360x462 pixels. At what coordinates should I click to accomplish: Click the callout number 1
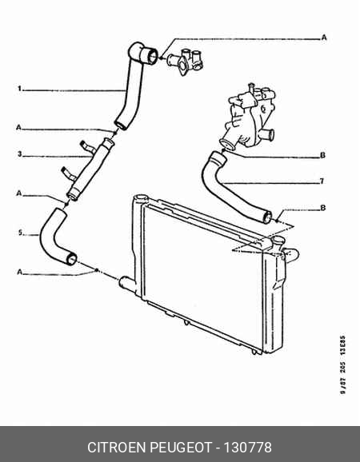coord(19,89)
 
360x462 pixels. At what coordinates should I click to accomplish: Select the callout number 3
coord(19,154)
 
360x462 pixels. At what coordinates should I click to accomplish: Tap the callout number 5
coord(20,233)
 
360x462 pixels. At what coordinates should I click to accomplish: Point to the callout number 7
coord(322,181)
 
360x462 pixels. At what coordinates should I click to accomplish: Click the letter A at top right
coord(324,38)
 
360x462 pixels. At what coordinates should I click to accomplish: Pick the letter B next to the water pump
coord(322,155)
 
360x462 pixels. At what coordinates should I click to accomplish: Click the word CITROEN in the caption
coord(118,448)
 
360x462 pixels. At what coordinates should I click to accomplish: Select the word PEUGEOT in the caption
coord(182,448)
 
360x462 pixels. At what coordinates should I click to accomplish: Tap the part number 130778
coord(248,448)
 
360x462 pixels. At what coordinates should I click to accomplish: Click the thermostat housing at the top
coord(185,62)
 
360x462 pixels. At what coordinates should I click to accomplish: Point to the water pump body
coord(249,117)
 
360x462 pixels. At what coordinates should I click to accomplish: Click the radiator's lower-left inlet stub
coord(126,284)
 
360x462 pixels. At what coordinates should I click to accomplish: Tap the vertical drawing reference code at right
coord(342,364)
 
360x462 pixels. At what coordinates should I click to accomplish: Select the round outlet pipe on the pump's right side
coord(268,136)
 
